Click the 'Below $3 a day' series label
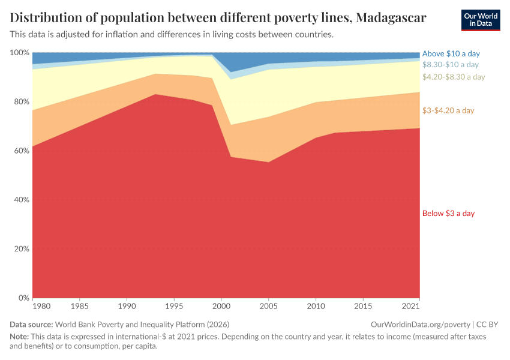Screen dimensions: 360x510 pos(448,214)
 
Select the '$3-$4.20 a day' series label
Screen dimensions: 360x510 pos(448,110)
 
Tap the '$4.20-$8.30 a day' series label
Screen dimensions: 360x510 pos(453,77)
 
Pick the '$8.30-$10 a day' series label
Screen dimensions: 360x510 pos(450,64)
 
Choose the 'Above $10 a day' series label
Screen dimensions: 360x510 pos(451,53)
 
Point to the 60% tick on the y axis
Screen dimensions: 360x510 pos(21,151)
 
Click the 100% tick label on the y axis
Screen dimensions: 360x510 pos(19,53)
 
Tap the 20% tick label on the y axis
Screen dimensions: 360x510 pos(21,249)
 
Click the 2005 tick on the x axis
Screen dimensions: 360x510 pos(269,307)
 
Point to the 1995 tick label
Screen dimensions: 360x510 pos(174,307)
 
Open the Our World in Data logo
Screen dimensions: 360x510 pos(480,20)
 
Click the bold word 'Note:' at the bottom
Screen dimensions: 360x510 pos(20,337)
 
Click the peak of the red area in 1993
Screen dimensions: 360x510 pos(156,94)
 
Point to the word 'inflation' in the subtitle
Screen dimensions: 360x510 pos(118,34)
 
